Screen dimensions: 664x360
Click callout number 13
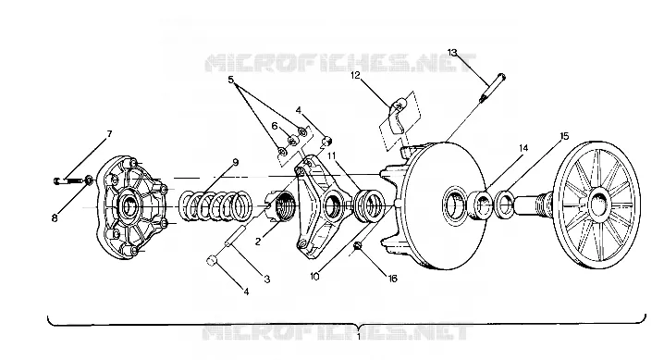point(452,53)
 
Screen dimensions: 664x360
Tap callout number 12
point(355,75)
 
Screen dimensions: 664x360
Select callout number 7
point(109,134)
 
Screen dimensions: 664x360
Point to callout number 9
point(236,162)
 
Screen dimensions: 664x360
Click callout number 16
point(392,279)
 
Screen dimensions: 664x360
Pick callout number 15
point(564,136)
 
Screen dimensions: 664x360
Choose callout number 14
point(523,148)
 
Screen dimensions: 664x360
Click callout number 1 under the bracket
point(359,337)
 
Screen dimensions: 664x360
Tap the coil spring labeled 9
point(215,205)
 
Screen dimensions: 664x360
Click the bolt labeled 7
point(68,180)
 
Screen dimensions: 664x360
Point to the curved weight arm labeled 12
point(397,116)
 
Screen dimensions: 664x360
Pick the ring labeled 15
point(504,205)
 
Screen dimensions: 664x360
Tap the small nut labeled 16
point(358,245)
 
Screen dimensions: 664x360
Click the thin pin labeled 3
point(235,236)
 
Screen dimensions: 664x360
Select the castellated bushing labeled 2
point(282,205)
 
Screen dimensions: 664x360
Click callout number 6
point(275,126)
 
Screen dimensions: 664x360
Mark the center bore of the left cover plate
point(130,205)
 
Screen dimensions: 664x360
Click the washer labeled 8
point(90,180)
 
